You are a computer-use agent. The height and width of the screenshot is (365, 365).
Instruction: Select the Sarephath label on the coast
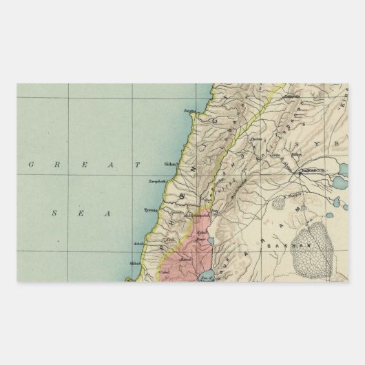coord(157,182)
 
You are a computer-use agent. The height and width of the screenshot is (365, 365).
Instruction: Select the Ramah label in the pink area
coord(186,259)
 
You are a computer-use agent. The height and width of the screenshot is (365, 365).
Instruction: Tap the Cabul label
coord(165,273)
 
